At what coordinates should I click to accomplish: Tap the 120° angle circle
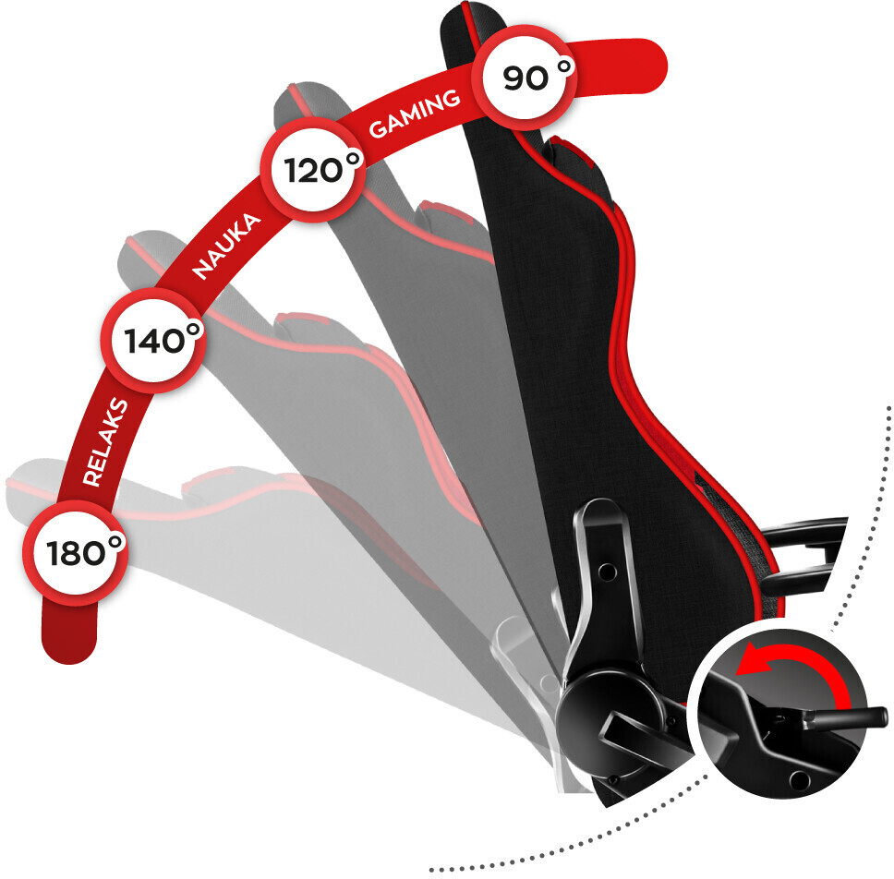[313, 170]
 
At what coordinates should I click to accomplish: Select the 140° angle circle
[152, 341]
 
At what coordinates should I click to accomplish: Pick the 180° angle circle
[75, 552]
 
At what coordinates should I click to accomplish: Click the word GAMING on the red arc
[415, 114]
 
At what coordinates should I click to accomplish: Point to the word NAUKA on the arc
[226, 246]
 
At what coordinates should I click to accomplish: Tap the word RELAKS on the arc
[105, 442]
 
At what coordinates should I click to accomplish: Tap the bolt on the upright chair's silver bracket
[607, 570]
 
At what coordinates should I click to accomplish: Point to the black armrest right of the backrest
[803, 556]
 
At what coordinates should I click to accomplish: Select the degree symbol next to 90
[564, 67]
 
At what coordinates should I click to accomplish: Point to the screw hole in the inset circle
[799, 778]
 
